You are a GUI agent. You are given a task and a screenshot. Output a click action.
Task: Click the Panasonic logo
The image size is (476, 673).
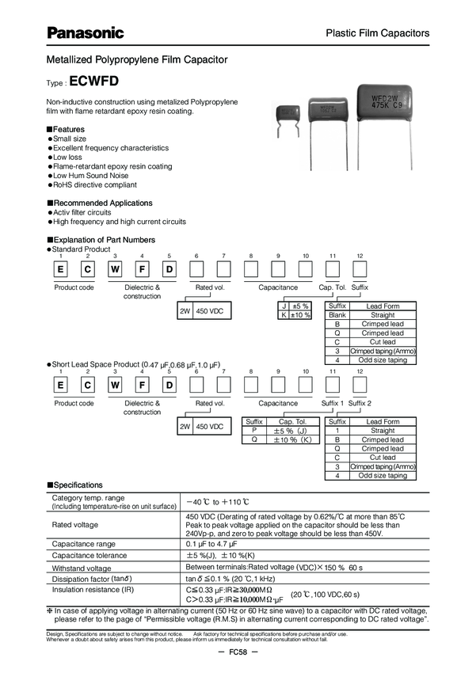point(86,32)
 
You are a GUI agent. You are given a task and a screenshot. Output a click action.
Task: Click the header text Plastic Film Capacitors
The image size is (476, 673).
point(378,33)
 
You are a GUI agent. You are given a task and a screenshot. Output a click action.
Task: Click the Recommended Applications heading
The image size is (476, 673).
point(99,203)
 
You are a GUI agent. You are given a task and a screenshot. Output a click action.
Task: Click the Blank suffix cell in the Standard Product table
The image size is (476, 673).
point(337,315)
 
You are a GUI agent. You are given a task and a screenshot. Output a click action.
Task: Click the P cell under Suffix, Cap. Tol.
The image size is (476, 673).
point(254,431)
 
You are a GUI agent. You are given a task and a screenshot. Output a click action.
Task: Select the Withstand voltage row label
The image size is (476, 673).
point(82,568)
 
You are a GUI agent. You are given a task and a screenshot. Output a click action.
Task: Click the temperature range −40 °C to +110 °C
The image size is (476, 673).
point(218,501)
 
